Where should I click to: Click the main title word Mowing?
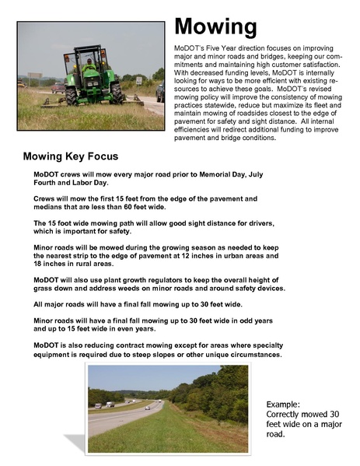point(215,28)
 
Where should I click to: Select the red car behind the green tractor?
point(57,87)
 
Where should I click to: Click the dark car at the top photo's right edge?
point(160,93)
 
